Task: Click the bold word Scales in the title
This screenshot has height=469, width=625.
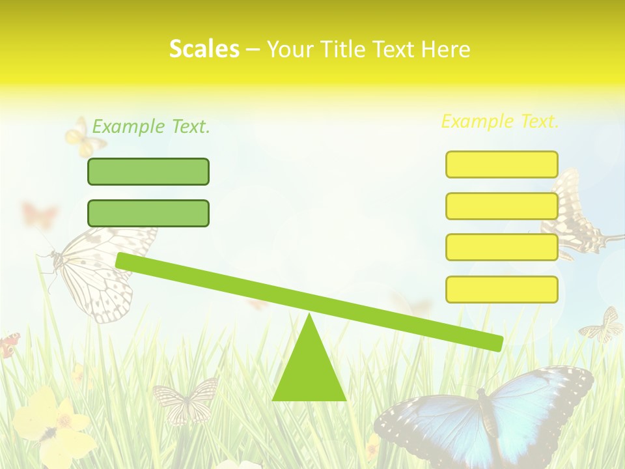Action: pyautogui.click(x=204, y=49)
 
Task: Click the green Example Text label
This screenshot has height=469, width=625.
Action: pyautogui.click(x=151, y=127)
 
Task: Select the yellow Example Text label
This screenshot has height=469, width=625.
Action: pyautogui.click(x=500, y=121)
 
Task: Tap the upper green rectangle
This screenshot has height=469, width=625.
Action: pyautogui.click(x=148, y=171)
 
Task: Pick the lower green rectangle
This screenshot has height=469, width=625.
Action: pyautogui.click(x=148, y=213)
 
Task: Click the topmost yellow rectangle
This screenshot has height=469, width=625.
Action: pyautogui.click(x=501, y=164)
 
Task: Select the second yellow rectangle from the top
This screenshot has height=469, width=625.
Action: pyautogui.click(x=501, y=206)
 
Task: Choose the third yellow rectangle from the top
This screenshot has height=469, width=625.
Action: pyautogui.click(x=501, y=248)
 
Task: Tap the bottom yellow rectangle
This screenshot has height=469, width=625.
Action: pyautogui.click(x=501, y=289)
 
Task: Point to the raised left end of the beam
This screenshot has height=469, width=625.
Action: pyautogui.click(x=124, y=261)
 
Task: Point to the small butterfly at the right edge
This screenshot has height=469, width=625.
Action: pyautogui.click(x=604, y=326)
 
